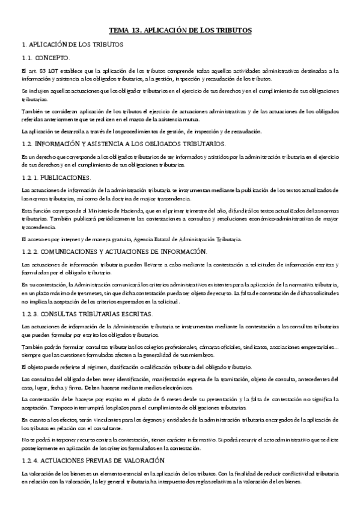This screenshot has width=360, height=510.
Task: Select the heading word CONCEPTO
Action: click(53, 58)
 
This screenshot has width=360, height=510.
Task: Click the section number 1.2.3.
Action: click(29, 313)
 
